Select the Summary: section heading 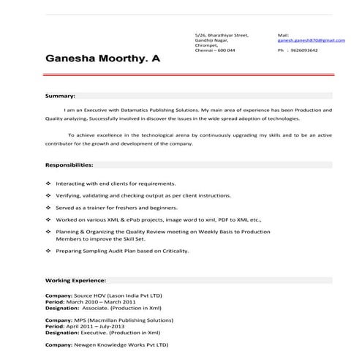(x=61, y=96)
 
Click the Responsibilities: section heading (x=69, y=165)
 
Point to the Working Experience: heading (x=76, y=280)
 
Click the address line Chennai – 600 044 (x=215, y=50)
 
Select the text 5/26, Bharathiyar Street (x=222, y=34)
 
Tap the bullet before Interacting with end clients (x=48, y=184)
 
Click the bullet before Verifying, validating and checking (x=48, y=196)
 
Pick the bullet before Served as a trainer (x=48, y=208)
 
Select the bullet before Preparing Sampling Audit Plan (x=48, y=251)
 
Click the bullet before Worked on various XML (x=48, y=219)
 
